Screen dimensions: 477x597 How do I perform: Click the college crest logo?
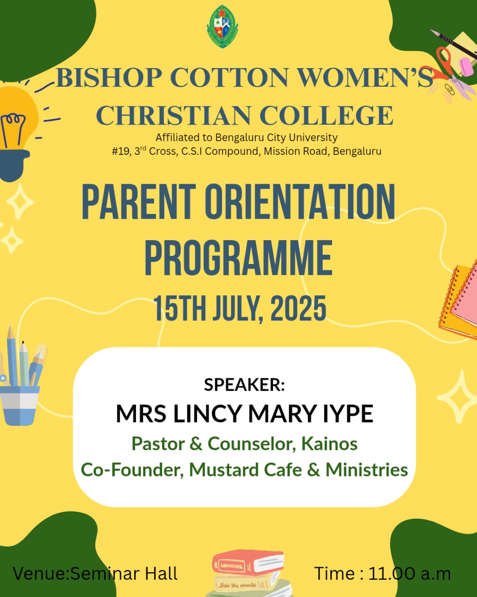click(x=222, y=27)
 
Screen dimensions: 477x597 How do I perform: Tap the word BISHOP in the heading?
click(x=109, y=78)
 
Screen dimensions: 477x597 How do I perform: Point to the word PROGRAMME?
click(x=238, y=258)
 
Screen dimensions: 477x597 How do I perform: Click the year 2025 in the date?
click(x=298, y=308)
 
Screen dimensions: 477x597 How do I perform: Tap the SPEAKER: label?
click(x=245, y=385)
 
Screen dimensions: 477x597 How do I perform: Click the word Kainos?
click(x=329, y=444)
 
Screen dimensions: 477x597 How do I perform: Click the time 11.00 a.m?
click(x=409, y=573)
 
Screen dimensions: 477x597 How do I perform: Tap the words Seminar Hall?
click(x=124, y=573)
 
